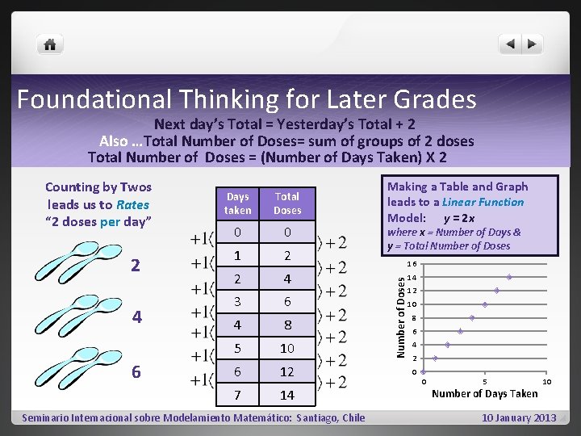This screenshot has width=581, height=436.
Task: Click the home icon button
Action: (50, 44)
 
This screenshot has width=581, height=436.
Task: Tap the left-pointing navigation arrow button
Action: (510, 44)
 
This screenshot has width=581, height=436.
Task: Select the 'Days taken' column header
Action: (238, 203)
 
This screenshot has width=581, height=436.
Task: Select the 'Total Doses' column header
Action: (287, 203)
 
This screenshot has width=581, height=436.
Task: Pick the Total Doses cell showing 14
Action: (287, 395)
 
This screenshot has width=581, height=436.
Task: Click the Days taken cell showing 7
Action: (238, 395)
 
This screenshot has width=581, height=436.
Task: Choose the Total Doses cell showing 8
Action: (287, 325)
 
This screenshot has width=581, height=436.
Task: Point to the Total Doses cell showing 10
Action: (287, 349)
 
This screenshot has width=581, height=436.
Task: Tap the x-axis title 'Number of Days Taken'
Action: (484, 393)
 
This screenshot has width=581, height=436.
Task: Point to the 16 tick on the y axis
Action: (412, 263)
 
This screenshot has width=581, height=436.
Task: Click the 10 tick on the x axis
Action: (546, 381)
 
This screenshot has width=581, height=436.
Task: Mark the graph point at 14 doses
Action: (509, 277)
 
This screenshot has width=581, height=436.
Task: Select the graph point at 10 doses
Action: (484, 304)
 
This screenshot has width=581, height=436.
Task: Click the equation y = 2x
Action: (459, 218)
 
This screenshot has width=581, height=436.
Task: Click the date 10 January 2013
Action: (519, 417)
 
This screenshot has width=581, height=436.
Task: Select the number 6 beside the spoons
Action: (136, 371)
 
